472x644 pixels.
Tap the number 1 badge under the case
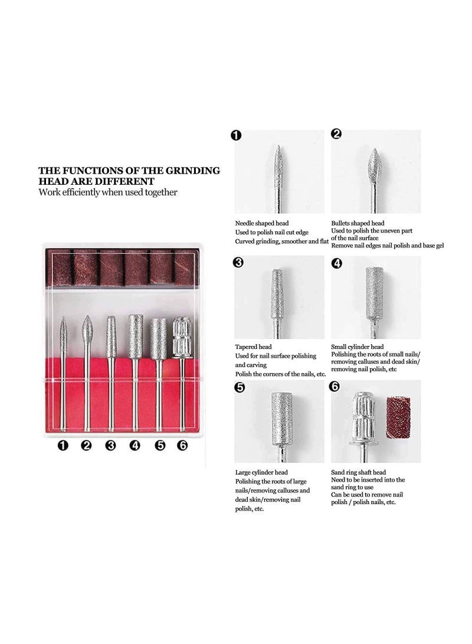click(x=63, y=446)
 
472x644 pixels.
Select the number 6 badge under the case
click(x=182, y=446)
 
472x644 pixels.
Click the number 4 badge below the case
click(x=135, y=446)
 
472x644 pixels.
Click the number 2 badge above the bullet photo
click(x=337, y=134)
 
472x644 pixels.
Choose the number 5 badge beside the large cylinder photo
click(x=238, y=388)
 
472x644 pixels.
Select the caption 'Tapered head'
click(x=254, y=347)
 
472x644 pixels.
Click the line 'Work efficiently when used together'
click(x=108, y=192)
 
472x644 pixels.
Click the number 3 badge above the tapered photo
click(x=238, y=263)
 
